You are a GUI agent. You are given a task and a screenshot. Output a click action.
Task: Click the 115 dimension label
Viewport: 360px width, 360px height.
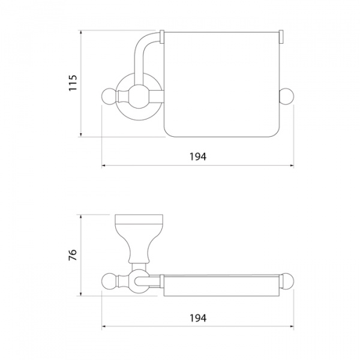[73, 83]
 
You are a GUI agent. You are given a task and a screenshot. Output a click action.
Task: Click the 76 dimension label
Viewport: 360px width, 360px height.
[73, 255]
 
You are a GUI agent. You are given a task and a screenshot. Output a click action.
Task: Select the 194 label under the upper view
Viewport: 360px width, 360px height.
[198, 157]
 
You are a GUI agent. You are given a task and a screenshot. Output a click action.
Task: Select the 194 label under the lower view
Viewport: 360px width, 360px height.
[198, 318]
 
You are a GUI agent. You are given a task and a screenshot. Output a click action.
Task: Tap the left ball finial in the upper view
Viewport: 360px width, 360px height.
[109, 96]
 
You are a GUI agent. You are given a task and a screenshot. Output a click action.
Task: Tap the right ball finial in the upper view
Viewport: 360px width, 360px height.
[286, 96]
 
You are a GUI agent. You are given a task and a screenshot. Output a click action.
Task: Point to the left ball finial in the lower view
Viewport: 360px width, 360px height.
[109, 281]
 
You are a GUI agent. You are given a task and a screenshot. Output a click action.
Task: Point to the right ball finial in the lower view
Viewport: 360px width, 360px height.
[287, 281]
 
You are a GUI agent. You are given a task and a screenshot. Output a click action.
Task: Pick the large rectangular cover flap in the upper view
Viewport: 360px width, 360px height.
[222, 85]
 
